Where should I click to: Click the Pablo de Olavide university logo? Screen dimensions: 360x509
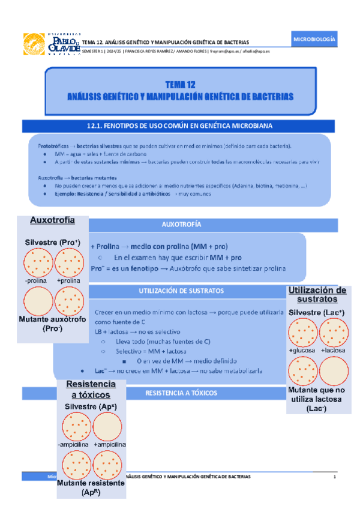(50, 44)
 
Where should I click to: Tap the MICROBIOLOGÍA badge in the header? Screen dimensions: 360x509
(314, 40)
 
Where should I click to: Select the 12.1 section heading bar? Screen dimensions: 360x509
(179, 125)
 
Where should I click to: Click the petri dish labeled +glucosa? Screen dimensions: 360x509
(301, 333)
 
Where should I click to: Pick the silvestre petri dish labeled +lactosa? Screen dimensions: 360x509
(333, 333)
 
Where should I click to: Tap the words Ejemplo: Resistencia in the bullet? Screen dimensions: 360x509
(71, 194)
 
